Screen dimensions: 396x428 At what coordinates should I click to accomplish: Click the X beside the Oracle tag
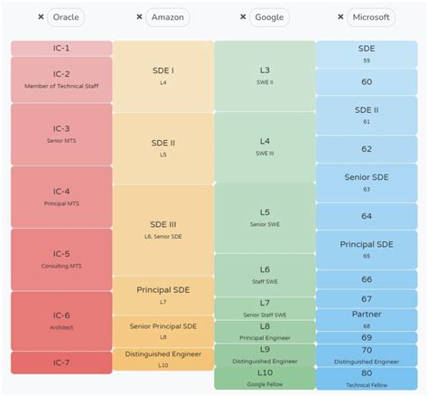pos(41,17)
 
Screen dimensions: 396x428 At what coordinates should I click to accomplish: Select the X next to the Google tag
pos(244,17)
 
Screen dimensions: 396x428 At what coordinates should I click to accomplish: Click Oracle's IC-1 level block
pos(61,48)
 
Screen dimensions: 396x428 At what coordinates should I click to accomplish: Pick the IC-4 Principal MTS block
pos(61,196)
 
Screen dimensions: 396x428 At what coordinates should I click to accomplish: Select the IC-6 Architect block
pos(61,321)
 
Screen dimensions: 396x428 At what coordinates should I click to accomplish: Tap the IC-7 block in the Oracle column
pos(61,363)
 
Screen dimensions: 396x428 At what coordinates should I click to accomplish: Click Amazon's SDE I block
pos(163,75)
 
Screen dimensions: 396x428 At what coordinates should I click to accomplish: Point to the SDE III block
pos(163,230)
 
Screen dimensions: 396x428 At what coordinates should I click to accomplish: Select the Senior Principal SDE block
pos(163,330)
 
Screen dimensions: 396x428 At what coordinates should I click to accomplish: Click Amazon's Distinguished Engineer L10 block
pos(163,358)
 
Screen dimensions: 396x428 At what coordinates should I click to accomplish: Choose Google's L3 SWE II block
pos(265,75)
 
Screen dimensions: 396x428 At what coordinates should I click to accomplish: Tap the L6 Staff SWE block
pos(265,275)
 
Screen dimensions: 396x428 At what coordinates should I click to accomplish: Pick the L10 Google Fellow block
pos(265,377)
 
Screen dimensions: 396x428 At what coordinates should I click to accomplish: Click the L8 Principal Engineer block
pos(265,331)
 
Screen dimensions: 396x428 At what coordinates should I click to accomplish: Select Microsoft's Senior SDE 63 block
pos(367,183)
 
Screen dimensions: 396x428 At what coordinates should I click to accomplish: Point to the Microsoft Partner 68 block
pos(367,319)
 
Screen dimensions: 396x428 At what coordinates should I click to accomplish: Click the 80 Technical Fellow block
pos(367,377)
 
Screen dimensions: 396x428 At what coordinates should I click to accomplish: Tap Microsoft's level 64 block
pos(367,216)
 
